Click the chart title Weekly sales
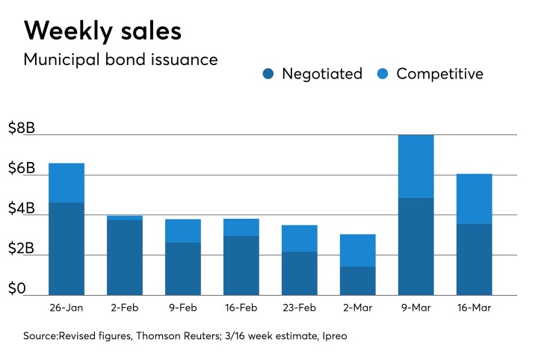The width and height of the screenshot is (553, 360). point(102,31)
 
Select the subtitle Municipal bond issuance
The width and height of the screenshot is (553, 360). point(121,60)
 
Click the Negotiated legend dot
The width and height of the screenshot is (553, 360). point(268,74)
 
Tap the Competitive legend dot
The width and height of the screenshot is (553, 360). point(384,74)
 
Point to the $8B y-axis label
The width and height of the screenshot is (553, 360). point(21,128)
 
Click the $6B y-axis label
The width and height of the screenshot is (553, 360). point(21,169)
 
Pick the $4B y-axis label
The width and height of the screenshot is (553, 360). point(21,209)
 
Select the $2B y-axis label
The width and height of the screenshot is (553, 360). point(21,249)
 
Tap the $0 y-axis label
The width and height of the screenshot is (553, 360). point(18,289)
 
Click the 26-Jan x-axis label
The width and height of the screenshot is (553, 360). point(66,308)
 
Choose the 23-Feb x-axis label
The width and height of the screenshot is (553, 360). point(299,308)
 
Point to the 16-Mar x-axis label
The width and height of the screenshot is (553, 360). point(474,308)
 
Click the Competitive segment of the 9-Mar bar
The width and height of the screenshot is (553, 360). point(415,167)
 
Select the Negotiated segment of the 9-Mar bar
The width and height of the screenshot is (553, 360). point(415,246)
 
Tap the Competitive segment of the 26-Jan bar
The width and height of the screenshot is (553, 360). point(66,182)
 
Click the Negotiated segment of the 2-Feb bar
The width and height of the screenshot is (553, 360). point(124,257)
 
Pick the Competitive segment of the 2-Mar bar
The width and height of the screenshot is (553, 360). point(357,250)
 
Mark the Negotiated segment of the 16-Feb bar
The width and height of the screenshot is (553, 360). point(241,265)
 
